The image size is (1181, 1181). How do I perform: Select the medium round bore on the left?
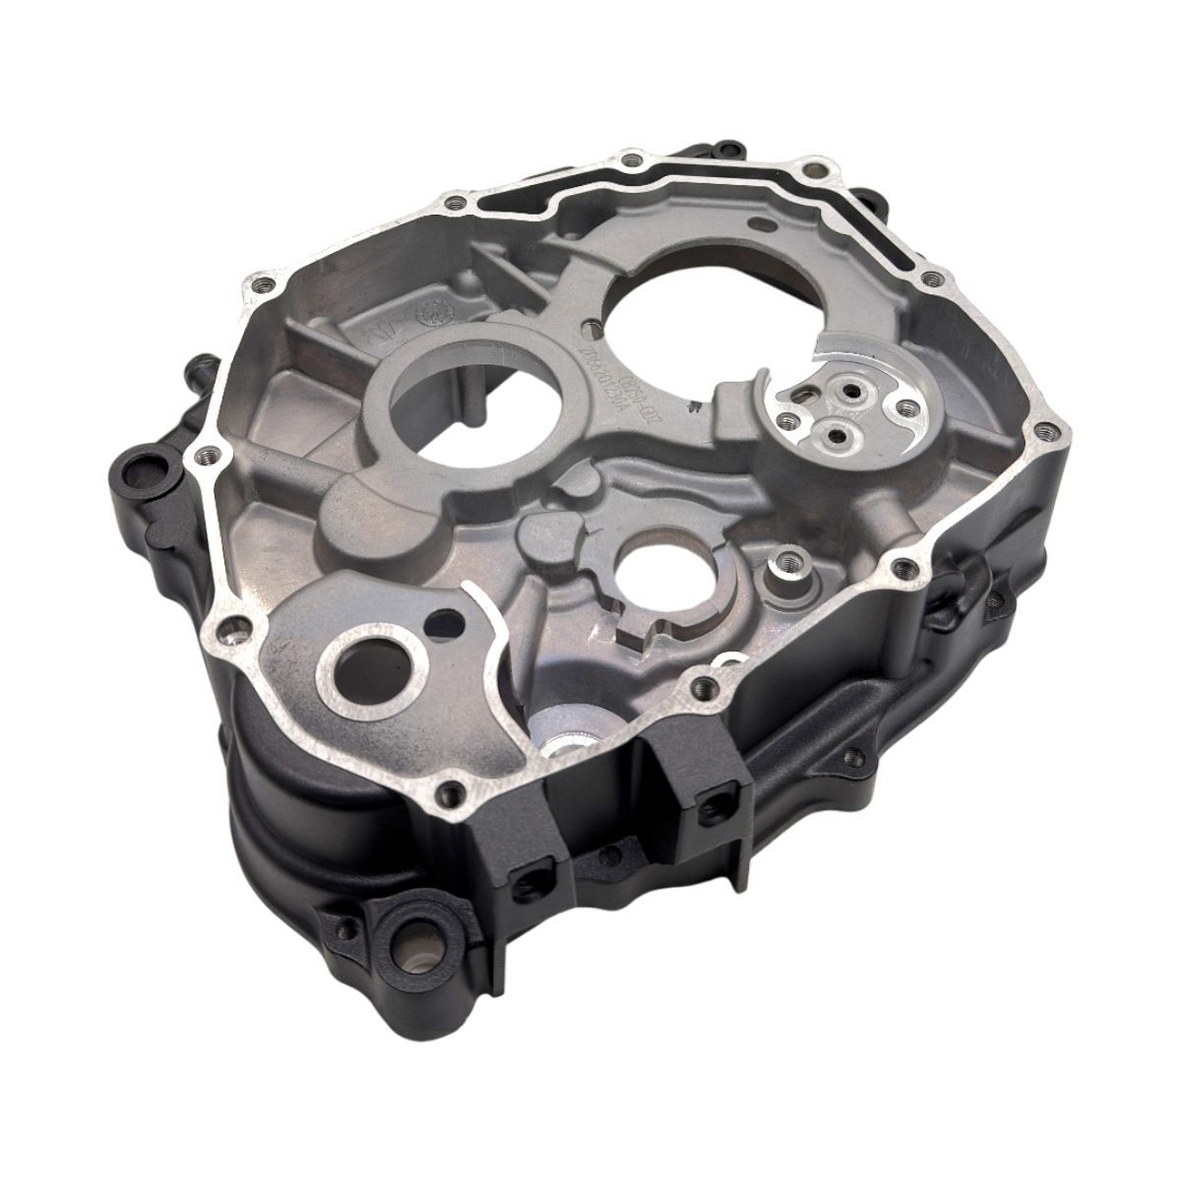[x=470, y=407]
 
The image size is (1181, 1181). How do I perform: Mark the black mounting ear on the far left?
[x=138, y=463]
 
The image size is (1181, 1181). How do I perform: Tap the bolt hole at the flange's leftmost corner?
[x=204, y=457]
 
